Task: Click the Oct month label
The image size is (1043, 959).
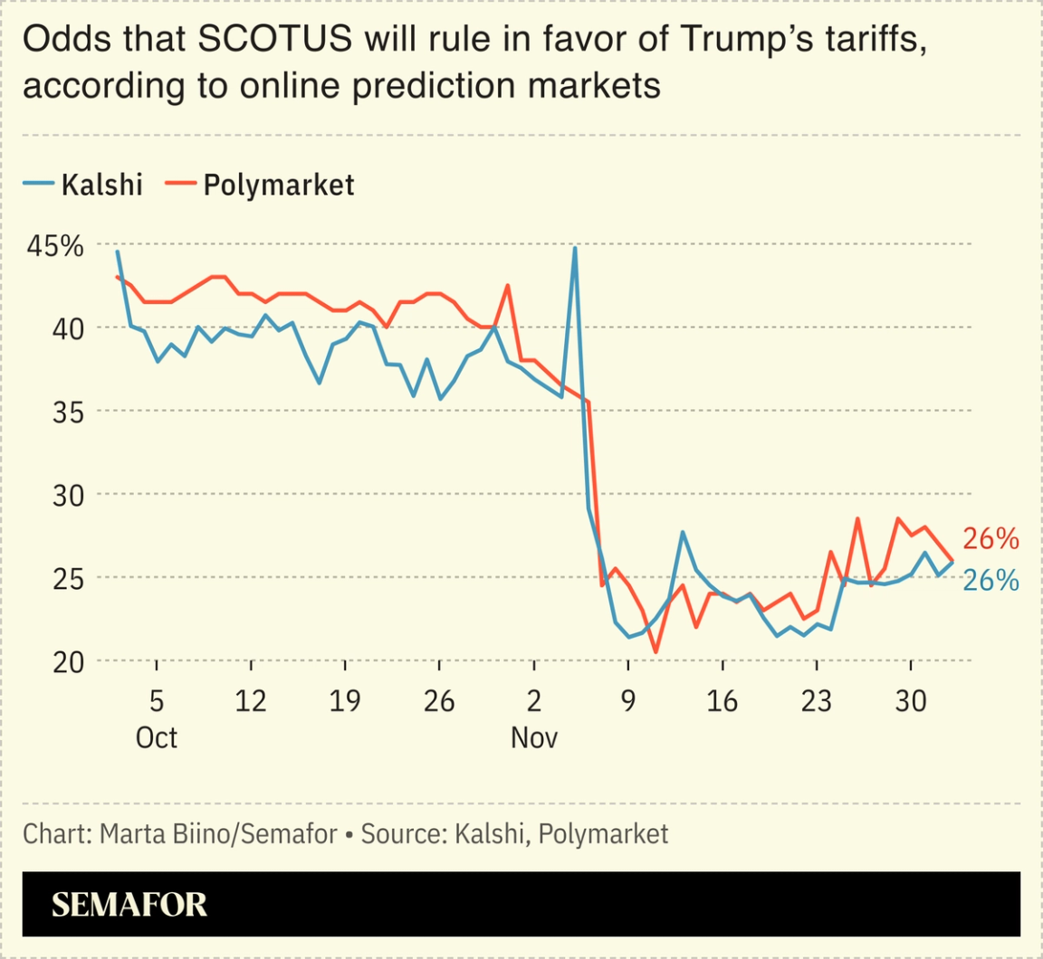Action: click(157, 737)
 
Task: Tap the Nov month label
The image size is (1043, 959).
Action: click(534, 737)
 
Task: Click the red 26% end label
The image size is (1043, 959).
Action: click(990, 539)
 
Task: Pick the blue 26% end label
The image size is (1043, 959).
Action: click(990, 580)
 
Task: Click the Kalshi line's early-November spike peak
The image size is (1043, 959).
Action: click(575, 248)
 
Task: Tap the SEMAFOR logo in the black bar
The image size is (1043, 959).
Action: click(129, 905)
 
